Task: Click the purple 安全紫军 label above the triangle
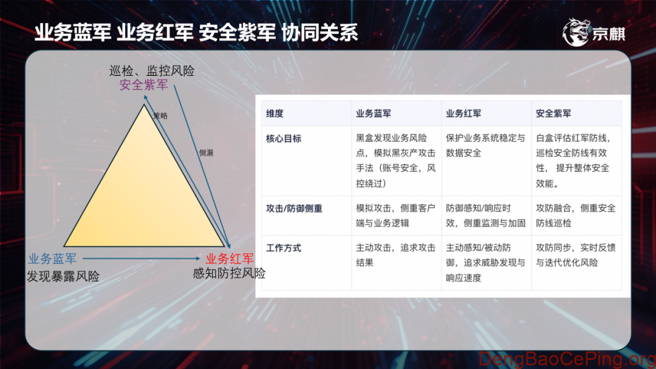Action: click(x=143, y=85)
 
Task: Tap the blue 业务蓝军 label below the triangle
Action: click(x=52, y=259)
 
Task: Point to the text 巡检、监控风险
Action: click(x=152, y=70)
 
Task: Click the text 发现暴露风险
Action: click(x=63, y=277)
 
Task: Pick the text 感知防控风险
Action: click(x=229, y=273)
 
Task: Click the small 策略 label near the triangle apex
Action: click(x=160, y=115)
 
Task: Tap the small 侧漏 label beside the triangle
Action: click(x=206, y=153)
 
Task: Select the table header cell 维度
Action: click(x=275, y=113)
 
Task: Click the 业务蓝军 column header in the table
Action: click(x=374, y=113)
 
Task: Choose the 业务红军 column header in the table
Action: click(x=463, y=113)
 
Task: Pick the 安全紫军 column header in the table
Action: click(x=553, y=113)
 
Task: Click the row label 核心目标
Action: click(x=284, y=139)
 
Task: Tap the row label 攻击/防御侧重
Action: click(x=294, y=209)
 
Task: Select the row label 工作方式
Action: click(x=284, y=248)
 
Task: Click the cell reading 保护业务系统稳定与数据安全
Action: click(x=485, y=146)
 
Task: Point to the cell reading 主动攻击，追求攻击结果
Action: click(x=395, y=256)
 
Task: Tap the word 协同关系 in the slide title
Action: click(x=319, y=32)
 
